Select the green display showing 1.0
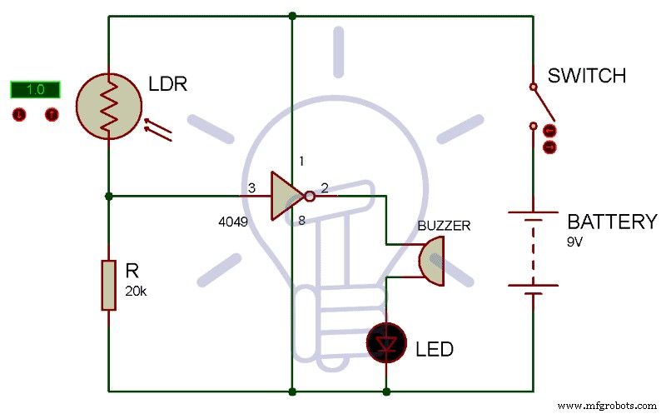point(35,89)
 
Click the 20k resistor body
point(108,285)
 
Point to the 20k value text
point(136,291)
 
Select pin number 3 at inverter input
point(252,189)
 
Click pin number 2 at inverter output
point(325,188)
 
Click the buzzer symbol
point(433,260)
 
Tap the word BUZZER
point(444,226)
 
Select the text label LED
point(435,349)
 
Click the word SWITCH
point(586,76)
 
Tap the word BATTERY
point(612,222)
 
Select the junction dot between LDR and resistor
point(108,197)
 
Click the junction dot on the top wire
point(292,15)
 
